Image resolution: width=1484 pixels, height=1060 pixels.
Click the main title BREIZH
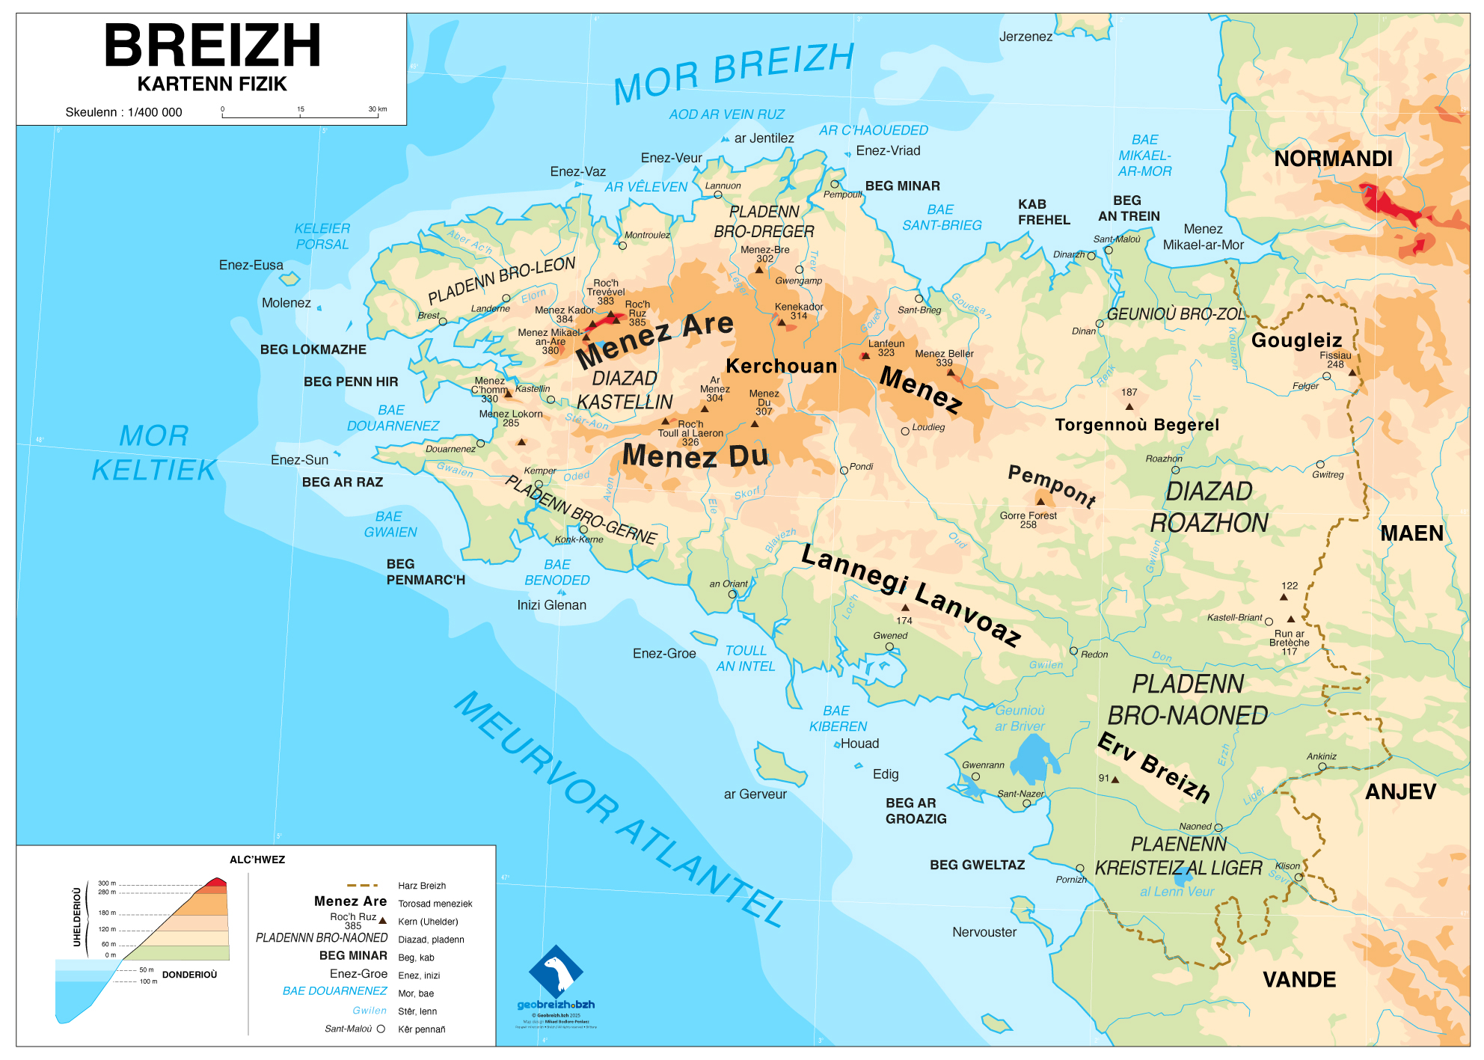pos(212,46)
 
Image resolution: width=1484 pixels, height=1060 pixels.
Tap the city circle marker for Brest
pos(443,322)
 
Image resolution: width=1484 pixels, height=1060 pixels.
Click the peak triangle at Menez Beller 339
pos(951,372)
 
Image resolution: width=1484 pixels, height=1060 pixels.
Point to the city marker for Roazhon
pos(1175,470)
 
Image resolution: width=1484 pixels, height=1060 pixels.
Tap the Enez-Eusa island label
pos(251,266)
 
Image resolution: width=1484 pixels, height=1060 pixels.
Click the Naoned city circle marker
pos(1218,827)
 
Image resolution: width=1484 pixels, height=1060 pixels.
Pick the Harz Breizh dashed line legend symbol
pos(362,885)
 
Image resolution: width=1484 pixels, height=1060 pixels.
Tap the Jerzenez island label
pos(1025,37)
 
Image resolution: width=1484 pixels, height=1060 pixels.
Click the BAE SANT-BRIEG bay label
pos(942,218)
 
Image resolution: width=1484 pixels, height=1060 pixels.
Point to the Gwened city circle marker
pos(889,646)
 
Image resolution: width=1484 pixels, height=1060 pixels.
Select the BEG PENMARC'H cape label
pos(425,572)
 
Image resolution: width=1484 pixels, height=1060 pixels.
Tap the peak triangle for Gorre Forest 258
pos(1040,501)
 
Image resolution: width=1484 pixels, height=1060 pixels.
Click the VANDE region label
pos(1299,980)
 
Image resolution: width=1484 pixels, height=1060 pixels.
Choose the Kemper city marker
pos(539,484)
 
